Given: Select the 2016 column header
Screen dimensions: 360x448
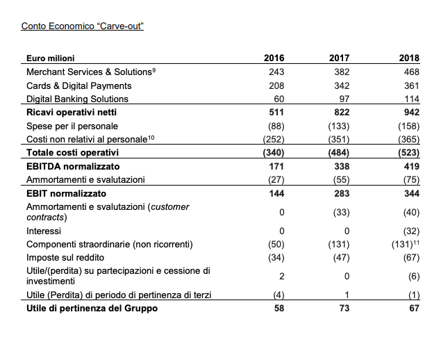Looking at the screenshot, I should [x=274, y=58].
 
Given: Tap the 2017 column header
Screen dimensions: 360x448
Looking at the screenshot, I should [x=338, y=58].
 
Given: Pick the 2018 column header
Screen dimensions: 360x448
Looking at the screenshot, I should [x=410, y=58].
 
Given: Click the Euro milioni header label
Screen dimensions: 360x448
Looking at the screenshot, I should [x=50, y=58].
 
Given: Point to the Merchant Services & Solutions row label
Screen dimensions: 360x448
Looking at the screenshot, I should [x=89, y=72].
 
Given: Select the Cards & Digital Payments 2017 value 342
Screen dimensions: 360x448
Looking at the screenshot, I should [x=340, y=85].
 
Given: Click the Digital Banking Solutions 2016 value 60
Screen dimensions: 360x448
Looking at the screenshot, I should [x=278, y=99].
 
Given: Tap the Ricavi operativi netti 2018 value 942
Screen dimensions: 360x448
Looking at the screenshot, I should [x=410, y=112].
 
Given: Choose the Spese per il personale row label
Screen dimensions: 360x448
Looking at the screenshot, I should [x=72, y=126].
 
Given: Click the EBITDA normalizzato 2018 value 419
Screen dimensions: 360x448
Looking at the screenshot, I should [x=410, y=166].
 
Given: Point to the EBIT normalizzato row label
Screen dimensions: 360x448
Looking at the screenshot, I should [x=66, y=193].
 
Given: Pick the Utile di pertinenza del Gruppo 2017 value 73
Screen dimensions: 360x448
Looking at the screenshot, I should [x=342, y=308].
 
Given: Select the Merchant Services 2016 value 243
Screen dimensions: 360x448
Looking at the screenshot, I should [x=275, y=72].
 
